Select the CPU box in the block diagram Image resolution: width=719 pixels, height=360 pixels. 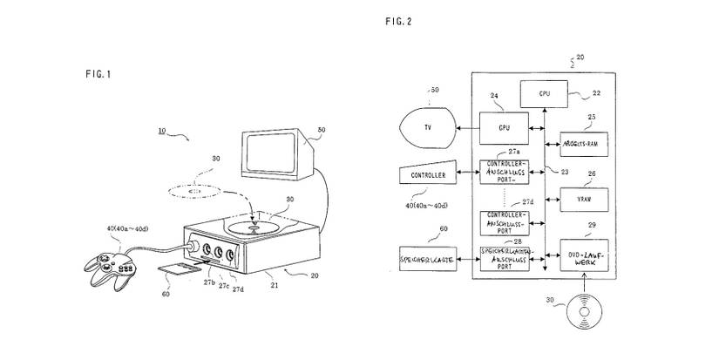[x=543, y=91]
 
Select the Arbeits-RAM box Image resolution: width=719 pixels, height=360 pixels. [x=582, y=142]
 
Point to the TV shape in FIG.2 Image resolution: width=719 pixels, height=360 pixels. [x=426, y=126]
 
